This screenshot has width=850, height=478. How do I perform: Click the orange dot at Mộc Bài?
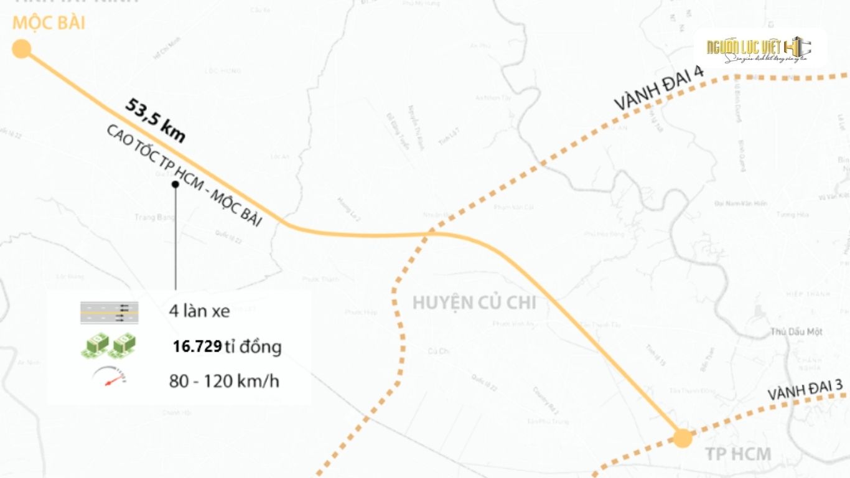coord(22,49)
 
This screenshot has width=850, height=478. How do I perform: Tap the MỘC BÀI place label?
coord(49,24)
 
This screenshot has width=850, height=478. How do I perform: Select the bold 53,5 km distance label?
coord(155,120)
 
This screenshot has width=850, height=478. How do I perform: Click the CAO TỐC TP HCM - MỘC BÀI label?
coord(184,176)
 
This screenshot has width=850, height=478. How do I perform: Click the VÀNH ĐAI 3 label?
coord(805,391)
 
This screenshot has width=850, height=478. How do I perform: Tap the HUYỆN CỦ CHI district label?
coord(474,302)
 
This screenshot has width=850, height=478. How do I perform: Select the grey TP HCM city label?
coord(738,454)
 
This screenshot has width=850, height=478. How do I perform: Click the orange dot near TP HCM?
coord(683,438)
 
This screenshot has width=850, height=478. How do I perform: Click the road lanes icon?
coord(110,312)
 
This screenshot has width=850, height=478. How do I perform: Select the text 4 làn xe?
coord(199,311)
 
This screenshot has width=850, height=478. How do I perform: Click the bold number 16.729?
coord(197,347)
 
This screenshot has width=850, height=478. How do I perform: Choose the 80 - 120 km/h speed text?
coord(224,381)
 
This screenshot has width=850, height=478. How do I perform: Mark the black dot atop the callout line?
coord(175,184)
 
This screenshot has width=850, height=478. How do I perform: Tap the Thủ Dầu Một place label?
coord(796,332)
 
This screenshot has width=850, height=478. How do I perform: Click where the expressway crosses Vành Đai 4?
coord(432,234)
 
